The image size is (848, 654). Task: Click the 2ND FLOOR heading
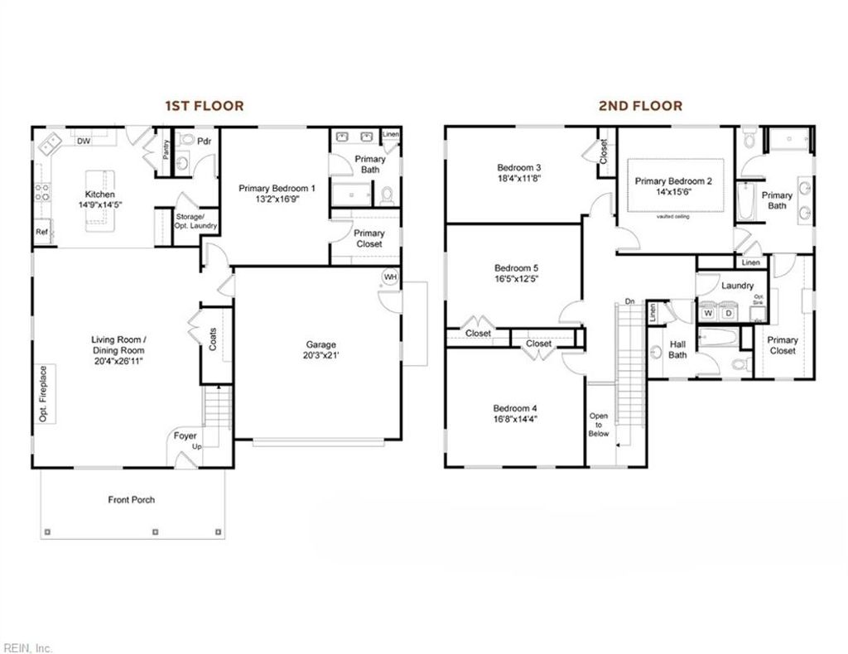point(641,106)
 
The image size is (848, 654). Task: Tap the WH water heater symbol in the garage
point(389,277)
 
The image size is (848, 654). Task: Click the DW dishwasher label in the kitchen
point(84,142)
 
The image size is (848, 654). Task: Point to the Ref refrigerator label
point(42,233)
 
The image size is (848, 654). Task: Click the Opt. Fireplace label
point(43,394)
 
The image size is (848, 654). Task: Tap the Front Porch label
point(131,499)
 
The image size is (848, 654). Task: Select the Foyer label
point(185,435)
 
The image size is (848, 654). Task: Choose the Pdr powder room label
point(204,142)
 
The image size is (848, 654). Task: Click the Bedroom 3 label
point(519,166)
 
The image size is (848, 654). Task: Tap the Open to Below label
point(598,425)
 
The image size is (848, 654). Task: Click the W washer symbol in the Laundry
point(708,314)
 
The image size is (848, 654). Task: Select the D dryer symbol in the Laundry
point(730,314)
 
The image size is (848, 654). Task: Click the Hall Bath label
point(677,349)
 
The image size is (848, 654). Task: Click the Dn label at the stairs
point(630,301)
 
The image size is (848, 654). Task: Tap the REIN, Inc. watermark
point(27,647)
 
